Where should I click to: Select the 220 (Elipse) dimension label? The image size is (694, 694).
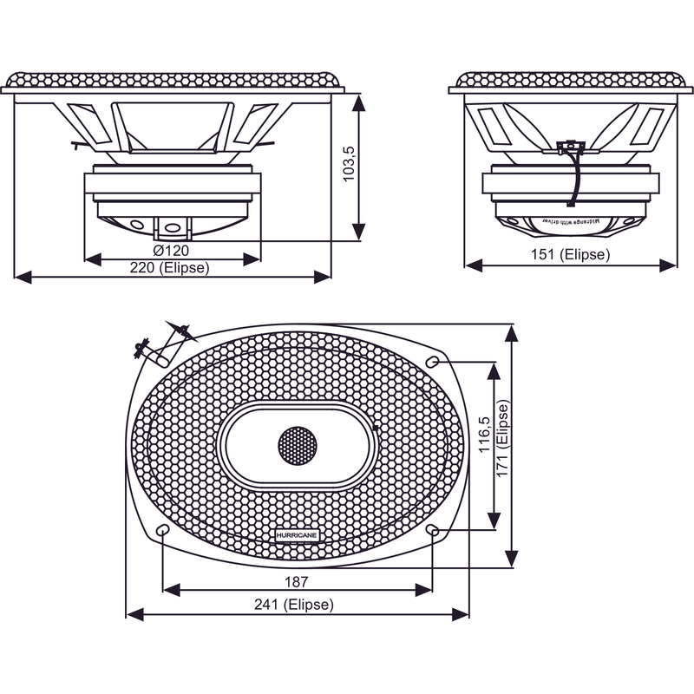coord(169,268)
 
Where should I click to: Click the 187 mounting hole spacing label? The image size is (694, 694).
coord(297,580)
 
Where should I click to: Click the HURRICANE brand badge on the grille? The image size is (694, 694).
coord(297,537)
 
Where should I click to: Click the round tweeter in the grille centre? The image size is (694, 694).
coord(298,446)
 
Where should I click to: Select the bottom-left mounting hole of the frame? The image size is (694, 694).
coord(162,530)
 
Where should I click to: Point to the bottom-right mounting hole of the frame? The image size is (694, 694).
coord(434,530)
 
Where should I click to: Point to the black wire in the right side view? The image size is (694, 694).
coord(573,178)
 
